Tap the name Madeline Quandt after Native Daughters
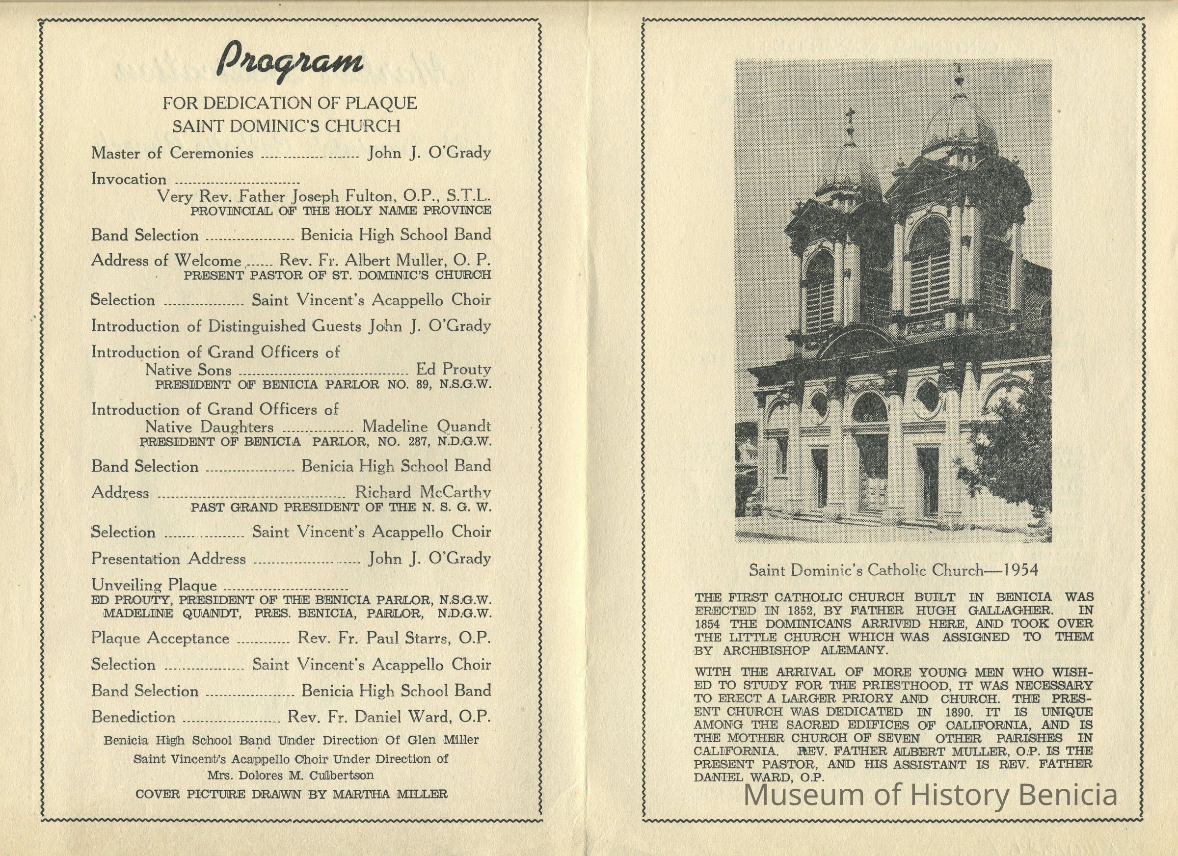426,427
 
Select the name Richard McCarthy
423,492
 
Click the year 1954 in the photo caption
1020,570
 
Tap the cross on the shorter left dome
850,119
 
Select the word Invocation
129,179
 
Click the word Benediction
134,717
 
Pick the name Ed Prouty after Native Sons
454,369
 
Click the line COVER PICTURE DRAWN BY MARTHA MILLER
291,794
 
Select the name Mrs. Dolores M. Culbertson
291,776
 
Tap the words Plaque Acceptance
160,639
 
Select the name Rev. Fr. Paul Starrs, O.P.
394,638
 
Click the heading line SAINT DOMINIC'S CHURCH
286,126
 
